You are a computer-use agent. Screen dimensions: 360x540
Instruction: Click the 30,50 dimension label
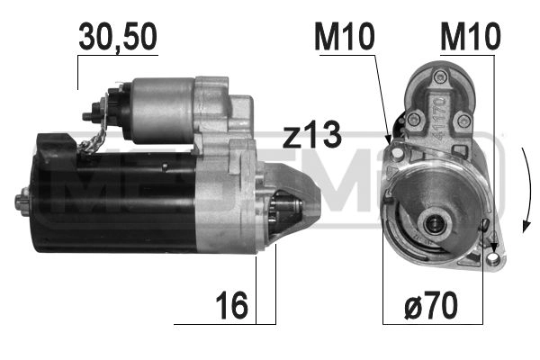click(118, 37)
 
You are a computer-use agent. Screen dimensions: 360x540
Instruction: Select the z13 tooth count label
click(311, 136)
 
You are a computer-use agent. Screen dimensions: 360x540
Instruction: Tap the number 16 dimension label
click(233, 306)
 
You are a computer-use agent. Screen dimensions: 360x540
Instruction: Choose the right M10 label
click(469, 37)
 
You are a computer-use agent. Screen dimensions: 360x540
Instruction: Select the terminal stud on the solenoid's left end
click(89, 115)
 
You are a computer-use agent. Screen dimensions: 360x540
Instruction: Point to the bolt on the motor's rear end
click(22, 201)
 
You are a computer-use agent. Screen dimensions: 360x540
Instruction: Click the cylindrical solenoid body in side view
click(160, 110)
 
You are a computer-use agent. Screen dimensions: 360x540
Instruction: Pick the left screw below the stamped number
click(413, 120)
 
